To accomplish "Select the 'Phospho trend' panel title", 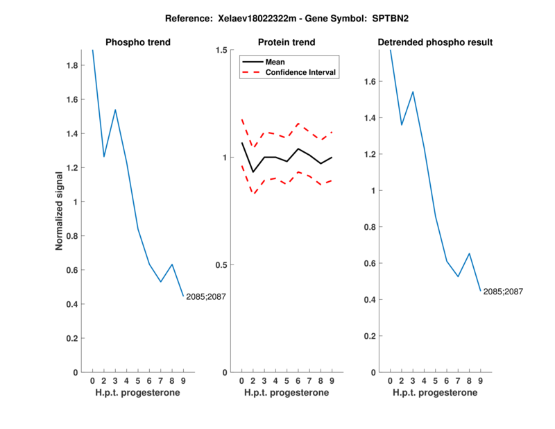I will click(138, 42).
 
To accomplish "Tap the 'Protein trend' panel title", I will click(287, 42).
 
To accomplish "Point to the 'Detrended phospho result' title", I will click(435, 42).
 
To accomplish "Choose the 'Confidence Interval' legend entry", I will click(301, 72).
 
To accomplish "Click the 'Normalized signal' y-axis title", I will click(60, 208).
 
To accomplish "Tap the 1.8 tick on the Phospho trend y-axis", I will click(72, 65).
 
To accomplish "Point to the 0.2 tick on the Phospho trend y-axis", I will click(72, 338).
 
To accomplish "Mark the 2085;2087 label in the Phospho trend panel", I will click(206, 297).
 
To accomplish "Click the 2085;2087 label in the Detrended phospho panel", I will click(503, 292).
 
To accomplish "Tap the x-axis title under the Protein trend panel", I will click(287, 393).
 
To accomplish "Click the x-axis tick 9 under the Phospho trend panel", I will click(184, 381).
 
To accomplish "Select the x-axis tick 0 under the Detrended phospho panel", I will click(390, 381).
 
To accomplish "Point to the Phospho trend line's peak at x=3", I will click(115, 110).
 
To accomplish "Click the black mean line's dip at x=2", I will click(253, 172).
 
